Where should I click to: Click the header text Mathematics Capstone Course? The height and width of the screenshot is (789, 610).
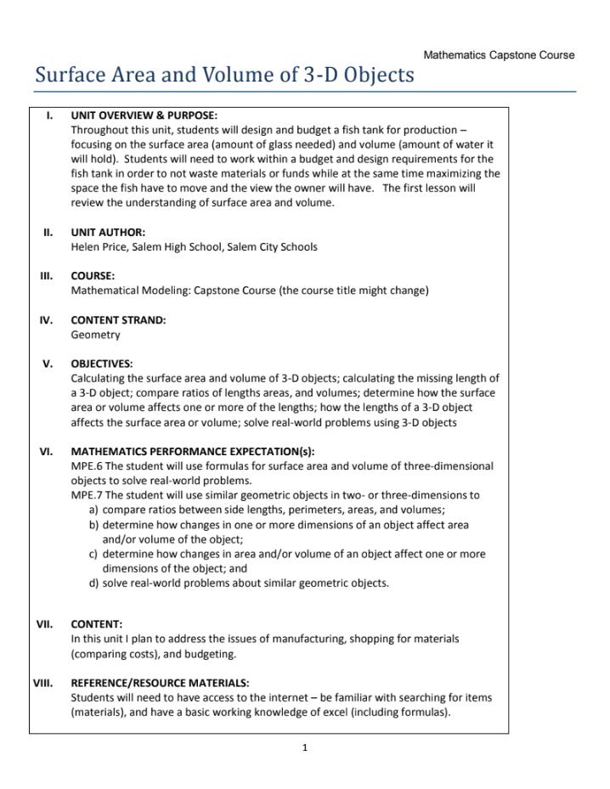(x=499, y=55)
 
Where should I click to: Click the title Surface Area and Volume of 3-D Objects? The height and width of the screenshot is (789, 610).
(x=224, y=76)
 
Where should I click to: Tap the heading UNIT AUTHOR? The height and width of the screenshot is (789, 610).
(x=108, y=232)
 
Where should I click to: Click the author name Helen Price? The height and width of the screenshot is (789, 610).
(x=101, y=247)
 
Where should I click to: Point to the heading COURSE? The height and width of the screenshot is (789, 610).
(x=93, y=276)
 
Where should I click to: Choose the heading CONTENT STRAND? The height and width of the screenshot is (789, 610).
(x=118, y=320)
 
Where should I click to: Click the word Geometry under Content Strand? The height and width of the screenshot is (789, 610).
(x=95, y=335)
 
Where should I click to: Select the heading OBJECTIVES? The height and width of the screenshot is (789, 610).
(x=102, y=364)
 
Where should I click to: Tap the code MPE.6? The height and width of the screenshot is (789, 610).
(x=87, y=466)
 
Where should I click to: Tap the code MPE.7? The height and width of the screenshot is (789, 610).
(x=87, y=495)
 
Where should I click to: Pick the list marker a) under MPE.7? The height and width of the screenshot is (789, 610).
(x=93, y=510)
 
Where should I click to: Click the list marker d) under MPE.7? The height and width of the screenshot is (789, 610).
(x=93, y=583)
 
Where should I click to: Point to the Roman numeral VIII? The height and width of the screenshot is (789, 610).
(x=43, y=682)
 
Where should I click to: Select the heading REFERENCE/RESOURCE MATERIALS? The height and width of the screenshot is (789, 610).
(x=160, y=682)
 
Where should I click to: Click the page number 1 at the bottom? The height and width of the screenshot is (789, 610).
(x=304, y=747)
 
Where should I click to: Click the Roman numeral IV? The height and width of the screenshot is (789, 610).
(x=47, y=320)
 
